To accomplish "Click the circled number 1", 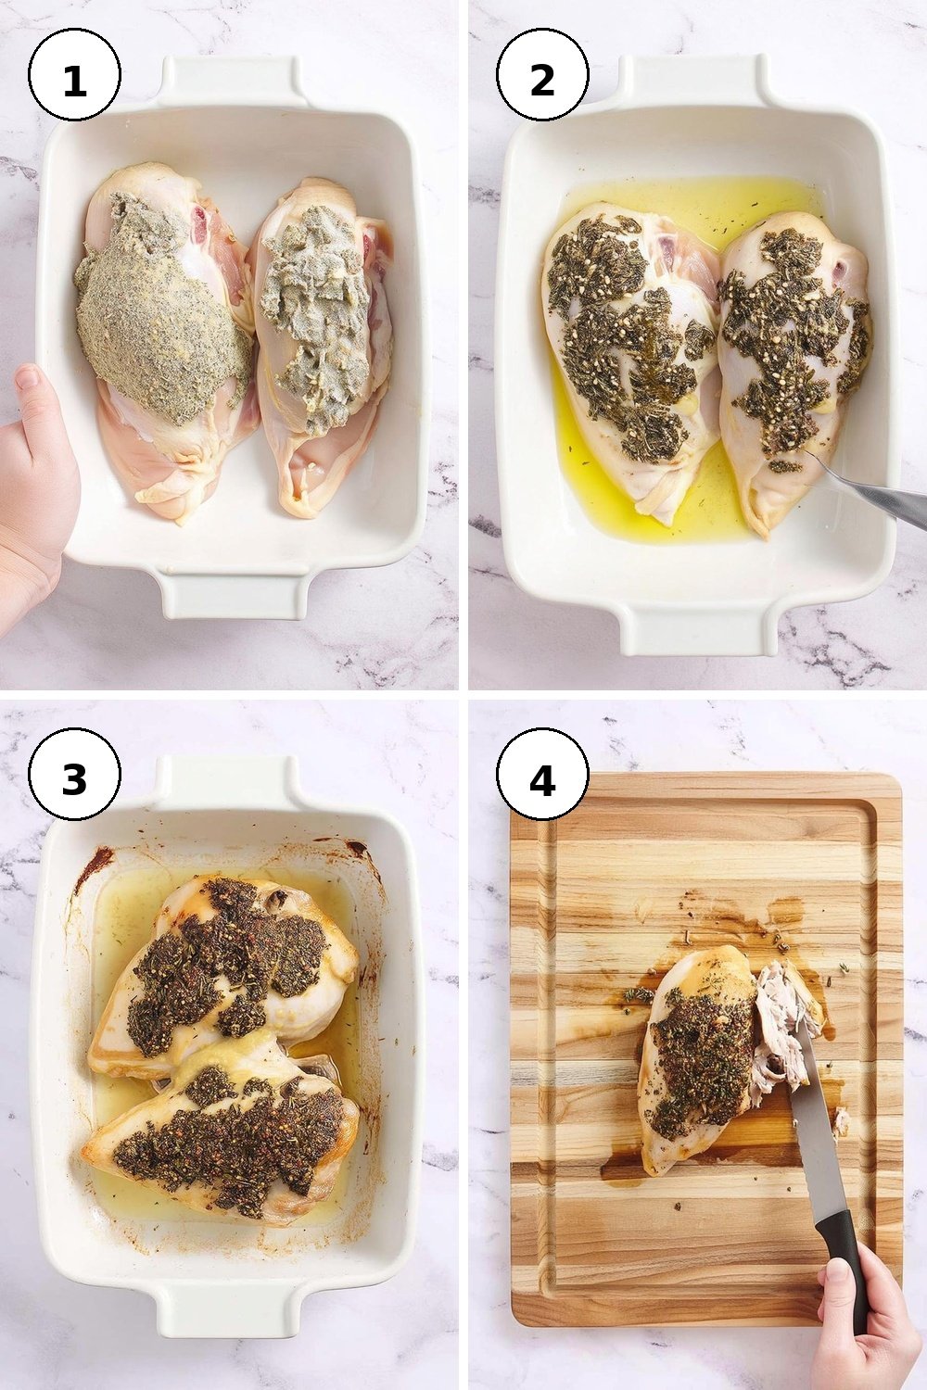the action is [74, 76].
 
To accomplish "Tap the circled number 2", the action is [542, 76].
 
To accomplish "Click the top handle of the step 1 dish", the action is [233, 83].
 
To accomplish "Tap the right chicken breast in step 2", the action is [794, 373].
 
